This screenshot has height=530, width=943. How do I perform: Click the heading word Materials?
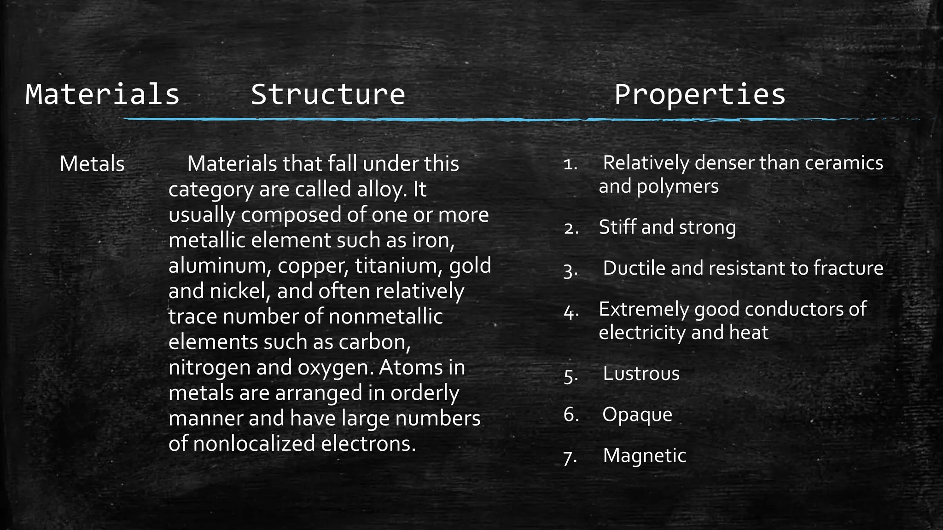[x=102, y=94]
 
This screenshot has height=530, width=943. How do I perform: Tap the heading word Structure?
[x=327, y=94]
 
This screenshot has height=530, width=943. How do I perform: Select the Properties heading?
[x=699, y=94]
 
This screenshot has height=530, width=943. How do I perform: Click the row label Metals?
[x=92, y=164]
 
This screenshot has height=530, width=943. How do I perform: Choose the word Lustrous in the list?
[x=641, y=374]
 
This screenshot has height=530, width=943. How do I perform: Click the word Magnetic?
[x=644, y=455]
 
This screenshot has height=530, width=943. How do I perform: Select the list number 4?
[x=570, y=313]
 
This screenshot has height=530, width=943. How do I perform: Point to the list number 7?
[x=570, y=458]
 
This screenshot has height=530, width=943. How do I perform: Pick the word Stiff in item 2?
[x=617, y=227]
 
